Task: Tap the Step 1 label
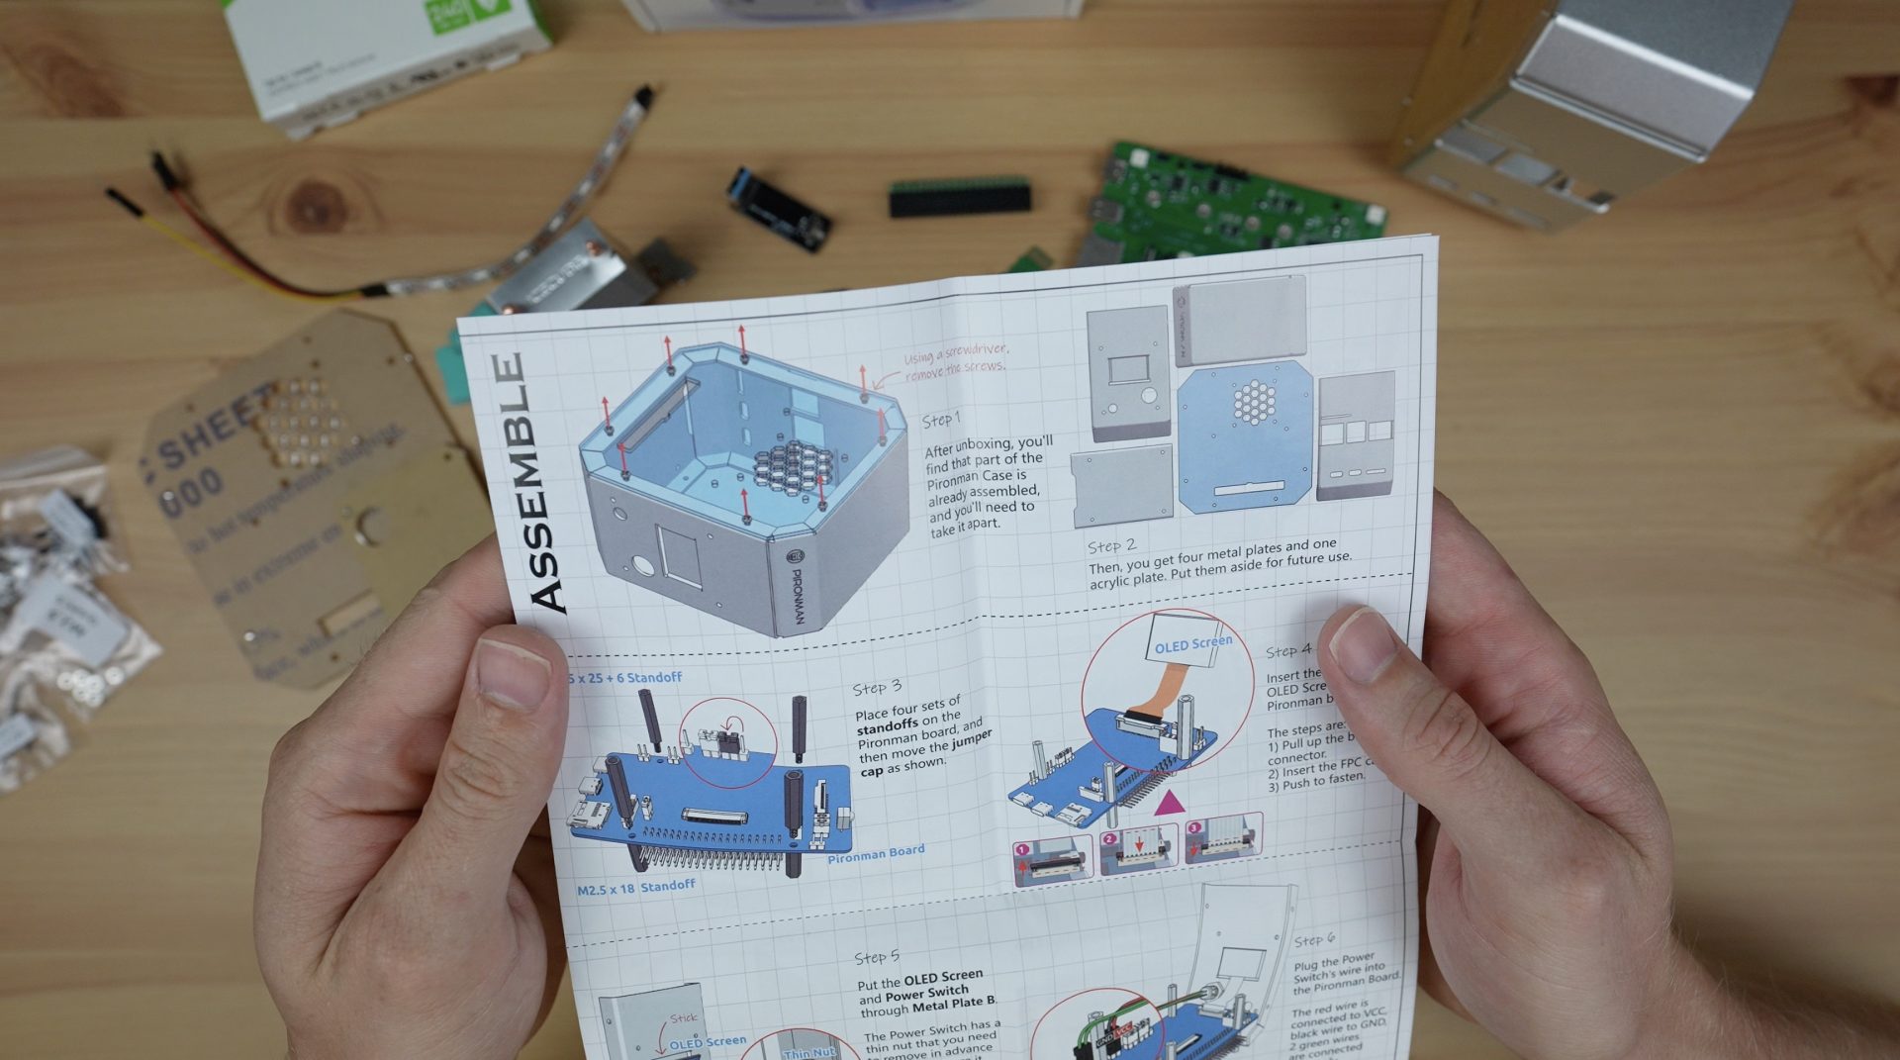pyautogui.click(x=941, y=419)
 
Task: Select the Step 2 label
pyautogui.click(x=1111, y=546)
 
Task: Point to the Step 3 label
pyautogui.click(x=877, y=687)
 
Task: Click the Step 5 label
pyautogui.click(x=877, y=957)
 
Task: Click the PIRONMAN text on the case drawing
pyautogui.click(x=797, y=595)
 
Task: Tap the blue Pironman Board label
pyautogui.click(x=876, y=852)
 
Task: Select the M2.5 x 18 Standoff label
pyautogui.click(x=635, y=888)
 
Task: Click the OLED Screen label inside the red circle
pyautogui.click(x=1192, y=645)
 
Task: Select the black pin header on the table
pyautogui.click(x=959, y=198)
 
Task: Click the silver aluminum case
pyautogui.click(x=1573, y=109)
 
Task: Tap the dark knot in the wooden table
pyautogui.click(x=319, y=203)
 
